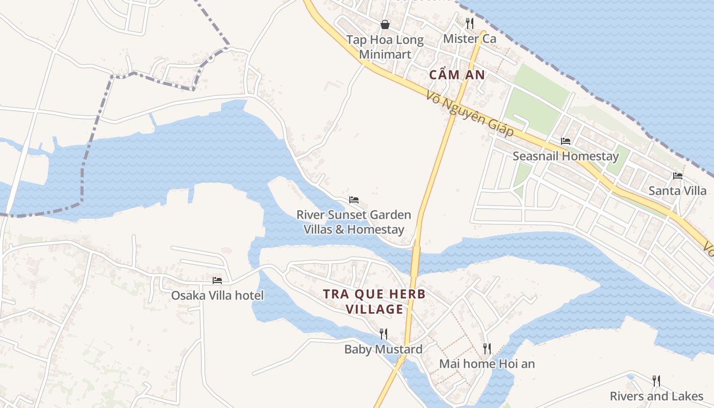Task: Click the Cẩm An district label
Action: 456,75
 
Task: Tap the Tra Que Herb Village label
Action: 374,301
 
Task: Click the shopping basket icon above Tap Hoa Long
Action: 385,24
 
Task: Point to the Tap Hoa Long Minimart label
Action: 385,47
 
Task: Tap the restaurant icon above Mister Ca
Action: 470,23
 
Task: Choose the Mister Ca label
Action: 470,39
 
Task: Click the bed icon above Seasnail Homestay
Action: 565,141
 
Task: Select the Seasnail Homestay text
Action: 565,156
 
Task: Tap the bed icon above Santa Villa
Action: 677,176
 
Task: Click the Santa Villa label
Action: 677,191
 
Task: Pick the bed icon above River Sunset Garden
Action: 354,199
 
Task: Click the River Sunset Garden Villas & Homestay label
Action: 354,222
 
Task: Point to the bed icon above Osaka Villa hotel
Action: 217,280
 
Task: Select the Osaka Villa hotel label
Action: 217,295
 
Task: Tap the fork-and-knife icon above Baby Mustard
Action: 384,334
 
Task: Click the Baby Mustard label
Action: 384,349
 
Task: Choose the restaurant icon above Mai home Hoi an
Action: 487,348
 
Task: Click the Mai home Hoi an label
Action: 487,364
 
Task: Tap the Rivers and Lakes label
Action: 656,396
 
